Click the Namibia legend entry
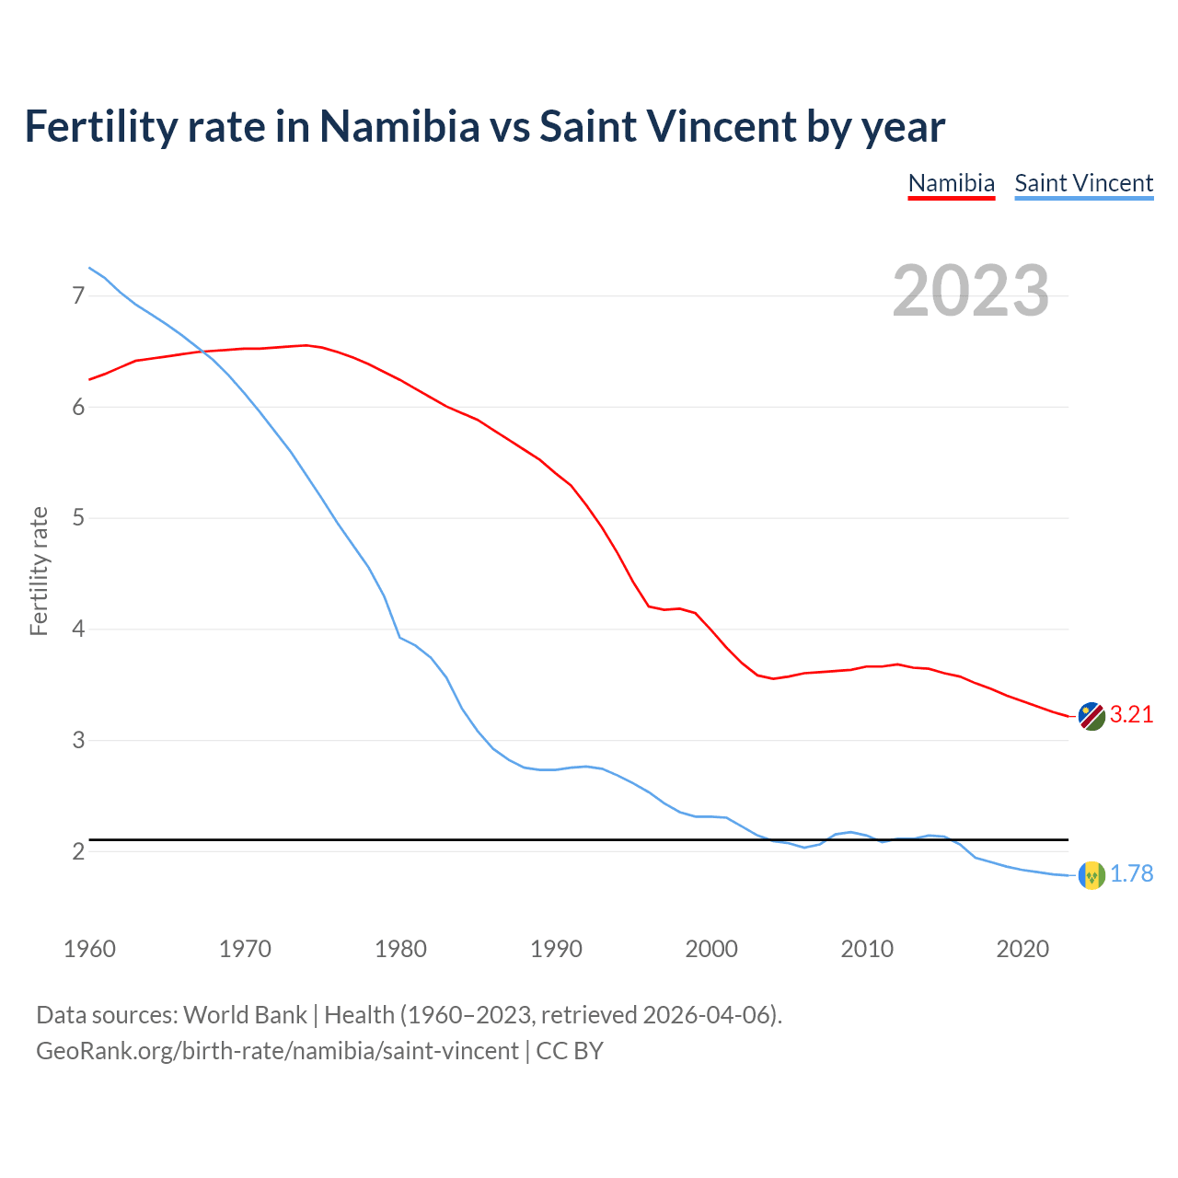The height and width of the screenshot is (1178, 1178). click(x=951, y=183)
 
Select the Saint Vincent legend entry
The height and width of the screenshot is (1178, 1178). click(x=1083, y=183)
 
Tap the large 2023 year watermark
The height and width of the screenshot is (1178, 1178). click(x=971, y=291)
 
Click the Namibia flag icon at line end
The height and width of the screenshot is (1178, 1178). click(x=1091, y=716)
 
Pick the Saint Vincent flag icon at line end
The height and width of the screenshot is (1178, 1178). click(x=1091, y=874)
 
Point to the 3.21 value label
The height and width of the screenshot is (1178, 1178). click(x=1131, y=715)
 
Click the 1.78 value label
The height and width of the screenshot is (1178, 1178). click(x=1131, y=874)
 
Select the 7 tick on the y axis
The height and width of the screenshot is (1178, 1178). click(x=78, y=295)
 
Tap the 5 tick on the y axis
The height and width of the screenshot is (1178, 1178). click(x=78, y=518)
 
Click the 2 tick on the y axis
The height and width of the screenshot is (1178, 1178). click(x=78, y=852)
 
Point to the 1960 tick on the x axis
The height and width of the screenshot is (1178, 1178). click(x=89, y=949)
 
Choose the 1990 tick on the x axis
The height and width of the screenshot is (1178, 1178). click(x=556, y=949)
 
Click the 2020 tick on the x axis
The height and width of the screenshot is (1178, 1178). click(x=1022, y=949)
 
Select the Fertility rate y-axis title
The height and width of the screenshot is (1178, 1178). click(x=39, y=571)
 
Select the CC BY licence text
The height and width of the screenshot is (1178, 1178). click(x=570, y=1051)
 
